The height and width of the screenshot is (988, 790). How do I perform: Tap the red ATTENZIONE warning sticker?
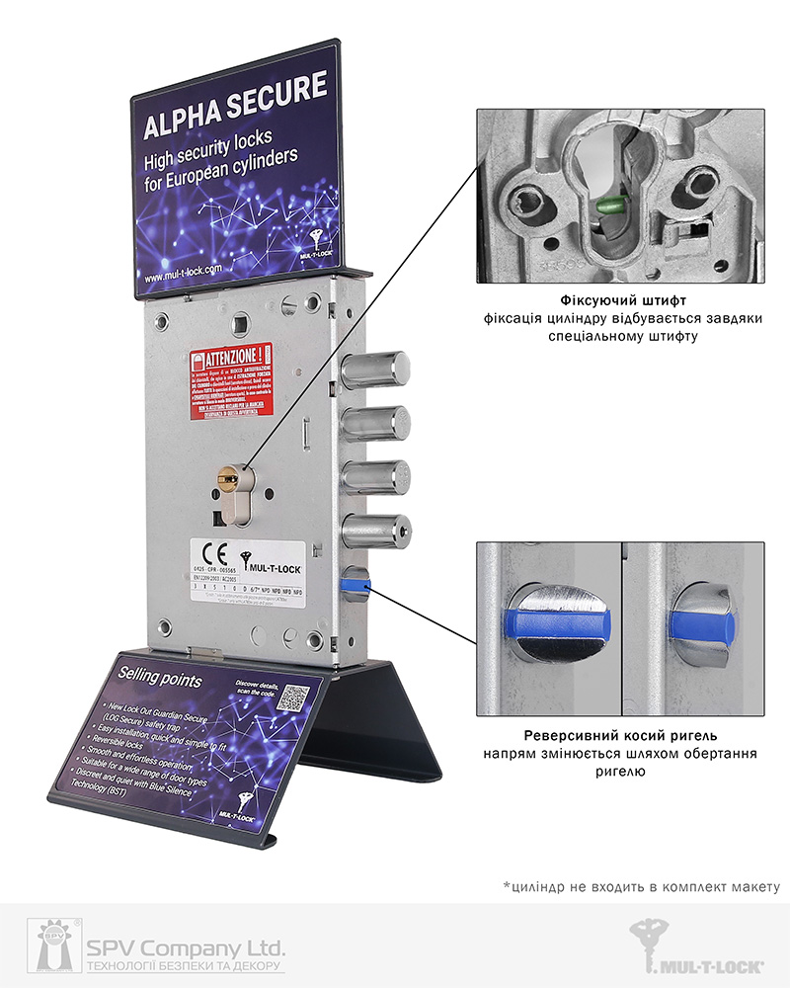point(231,380)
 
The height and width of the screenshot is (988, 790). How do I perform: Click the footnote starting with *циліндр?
point(641,886)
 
